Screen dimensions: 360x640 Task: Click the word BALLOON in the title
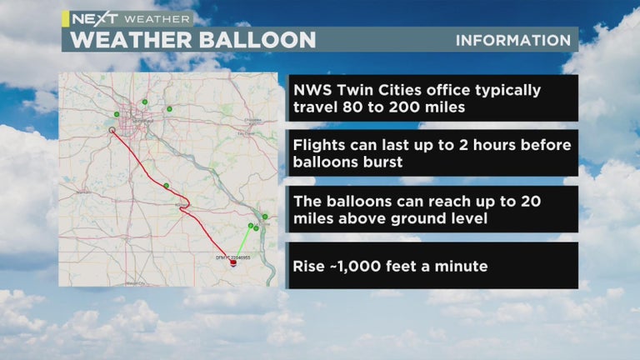point(258,40)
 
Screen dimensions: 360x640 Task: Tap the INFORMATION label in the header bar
point(513,40)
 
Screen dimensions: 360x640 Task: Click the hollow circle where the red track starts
point(112,130)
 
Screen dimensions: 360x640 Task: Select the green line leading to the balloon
point(242,242)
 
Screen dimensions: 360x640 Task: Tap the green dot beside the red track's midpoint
point(167,186)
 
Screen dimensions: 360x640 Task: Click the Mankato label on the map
point(83,192)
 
